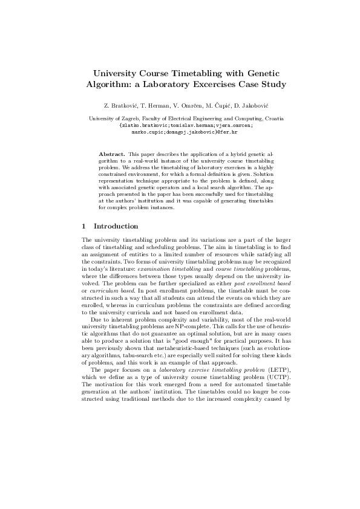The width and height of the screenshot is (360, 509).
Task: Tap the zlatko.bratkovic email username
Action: (143, 125)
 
